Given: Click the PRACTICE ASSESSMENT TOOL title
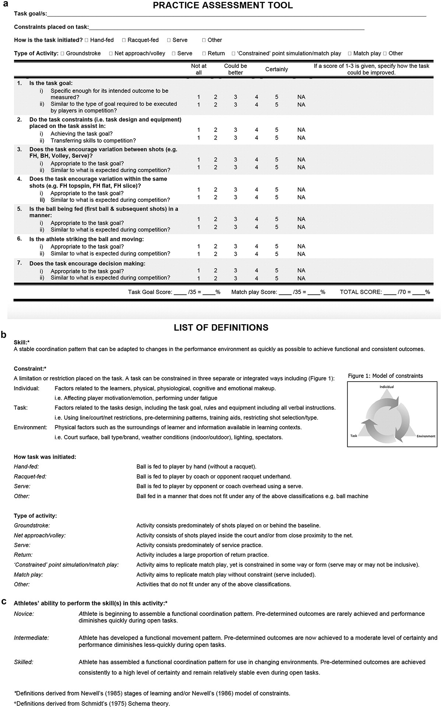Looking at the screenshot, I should (223, 6).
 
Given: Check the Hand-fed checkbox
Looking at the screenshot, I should (87, 40).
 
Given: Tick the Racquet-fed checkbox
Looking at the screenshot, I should (124, 40).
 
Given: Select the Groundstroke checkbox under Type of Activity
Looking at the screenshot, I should (63, 53).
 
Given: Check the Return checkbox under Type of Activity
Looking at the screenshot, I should (204, 53).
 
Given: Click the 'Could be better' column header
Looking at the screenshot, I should (235, 69).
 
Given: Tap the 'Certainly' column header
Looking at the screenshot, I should (276, 69).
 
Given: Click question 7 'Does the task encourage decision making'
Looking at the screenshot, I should (87, 263).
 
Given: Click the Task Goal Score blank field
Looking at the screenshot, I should (180, 292).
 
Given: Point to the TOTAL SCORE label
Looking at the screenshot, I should (361, 292).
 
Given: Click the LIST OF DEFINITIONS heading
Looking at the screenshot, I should (221, 327).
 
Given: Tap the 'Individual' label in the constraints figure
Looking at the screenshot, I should (387, 387).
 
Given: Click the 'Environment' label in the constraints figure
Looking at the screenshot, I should (426, 436).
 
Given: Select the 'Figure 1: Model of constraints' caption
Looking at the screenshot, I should (385, 376).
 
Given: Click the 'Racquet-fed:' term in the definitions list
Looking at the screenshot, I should (30, 476).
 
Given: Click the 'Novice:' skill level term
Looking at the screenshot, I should (24, 614).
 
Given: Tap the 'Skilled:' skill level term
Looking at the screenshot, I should (24, 662).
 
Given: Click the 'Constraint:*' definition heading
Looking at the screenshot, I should (30, 368).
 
